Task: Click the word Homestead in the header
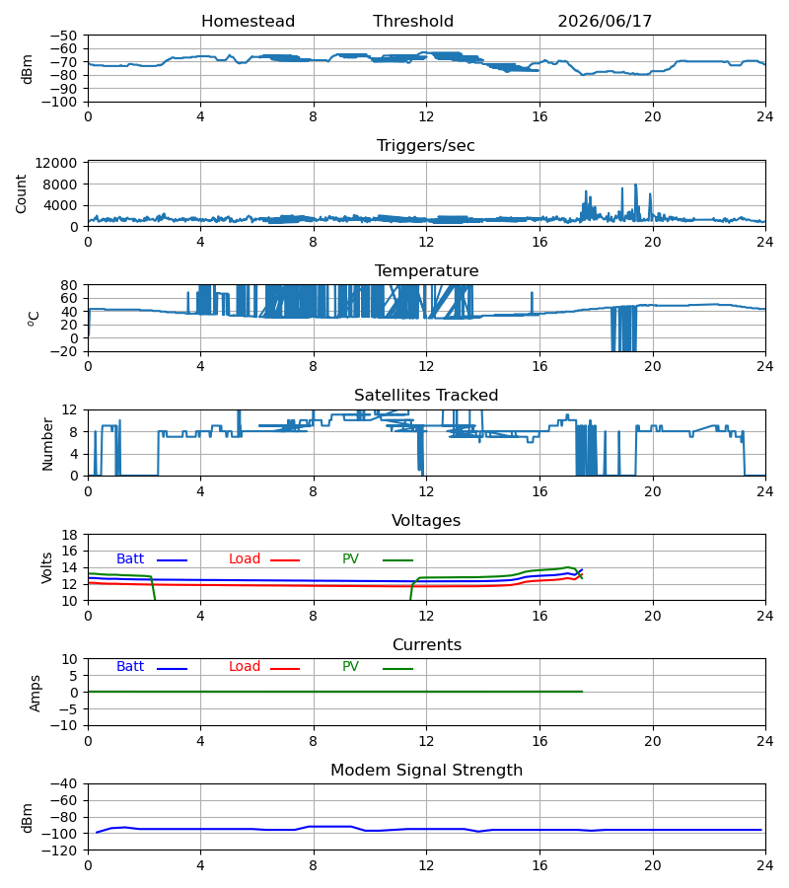pyautogui.click(x=248, y=22)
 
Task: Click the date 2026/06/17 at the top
pyautogui.click(x=605, y=22)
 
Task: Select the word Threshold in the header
pyautogui.click(x=413, y=22)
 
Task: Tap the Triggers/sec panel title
pyautogui.click(x=426, y=146)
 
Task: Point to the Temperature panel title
pyautogui.click(x=426, y=270)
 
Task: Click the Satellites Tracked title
pyautogui.click(x=426, y=396)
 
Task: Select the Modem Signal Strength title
pyautogui.click(x=426, y=771)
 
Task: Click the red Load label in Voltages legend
pyautogui.click(x=245, y=559)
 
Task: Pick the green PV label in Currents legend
pyautogui.click(x=350, y=667)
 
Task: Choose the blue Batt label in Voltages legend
pyautogui.click(x=130, y=559)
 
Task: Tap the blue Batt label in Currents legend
pyautogui.click(x=130, y=667)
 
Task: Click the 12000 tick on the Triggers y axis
pyautogui.click(x=56, y=163)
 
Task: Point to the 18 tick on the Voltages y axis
pyautogui.click(x=70, y=535)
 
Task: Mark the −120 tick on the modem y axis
pyautogui.click(x=64, y=851)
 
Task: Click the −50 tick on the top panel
pyautogui.click(x=64, y=36)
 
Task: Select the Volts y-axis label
pyautogui.click(x=46, y=568)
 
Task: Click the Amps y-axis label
pyautogui.click(x=36, y=694)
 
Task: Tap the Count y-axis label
pyautogui.click(x=22, y=194)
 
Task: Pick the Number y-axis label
pyautogui.click(x=47, y=445)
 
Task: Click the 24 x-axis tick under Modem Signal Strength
pyautogui.click(x=765, y=866)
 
